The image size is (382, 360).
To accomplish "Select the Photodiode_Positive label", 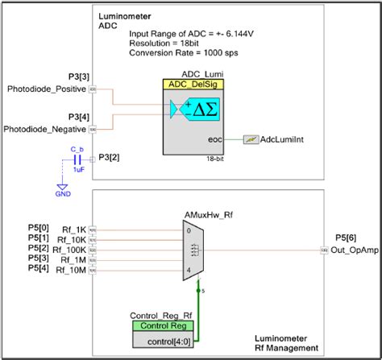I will [45, 88].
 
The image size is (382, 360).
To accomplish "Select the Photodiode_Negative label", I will [44, 129].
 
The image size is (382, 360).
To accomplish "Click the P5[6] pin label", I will [345, 238].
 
